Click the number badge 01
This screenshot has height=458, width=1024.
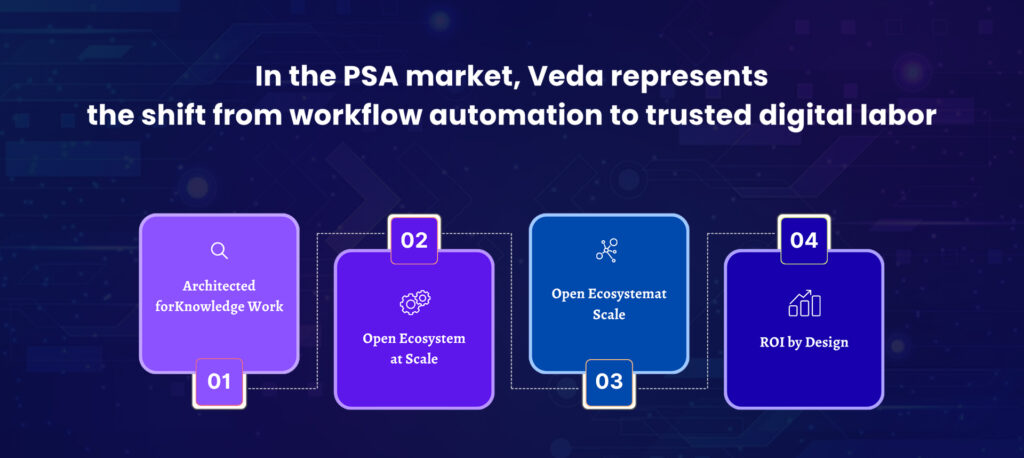tap(219, 382)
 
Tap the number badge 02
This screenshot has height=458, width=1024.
tap(414, 240)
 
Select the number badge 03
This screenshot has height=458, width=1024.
tap(609, 382)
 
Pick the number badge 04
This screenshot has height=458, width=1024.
tap(804, 240)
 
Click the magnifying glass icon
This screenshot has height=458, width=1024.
tap(219, 251)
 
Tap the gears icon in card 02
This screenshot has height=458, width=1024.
tap(415, 302)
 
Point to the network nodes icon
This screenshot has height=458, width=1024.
tap(607, 250)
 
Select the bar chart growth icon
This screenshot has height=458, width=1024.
tap(805, 303)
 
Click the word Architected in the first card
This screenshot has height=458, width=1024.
tap(219, 286)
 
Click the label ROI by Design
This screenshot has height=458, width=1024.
tap(804, 342)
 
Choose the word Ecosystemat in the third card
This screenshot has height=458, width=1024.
tap(628, 294)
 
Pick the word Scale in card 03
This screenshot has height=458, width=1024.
tap(609, 314)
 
